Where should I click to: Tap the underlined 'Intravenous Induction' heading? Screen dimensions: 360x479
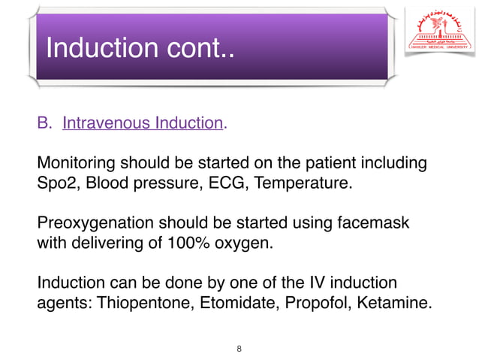(143, 123)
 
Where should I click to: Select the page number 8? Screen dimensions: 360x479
(239, 349)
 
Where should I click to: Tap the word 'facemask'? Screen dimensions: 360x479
(378, 224)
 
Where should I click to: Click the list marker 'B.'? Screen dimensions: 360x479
(45, 123)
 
